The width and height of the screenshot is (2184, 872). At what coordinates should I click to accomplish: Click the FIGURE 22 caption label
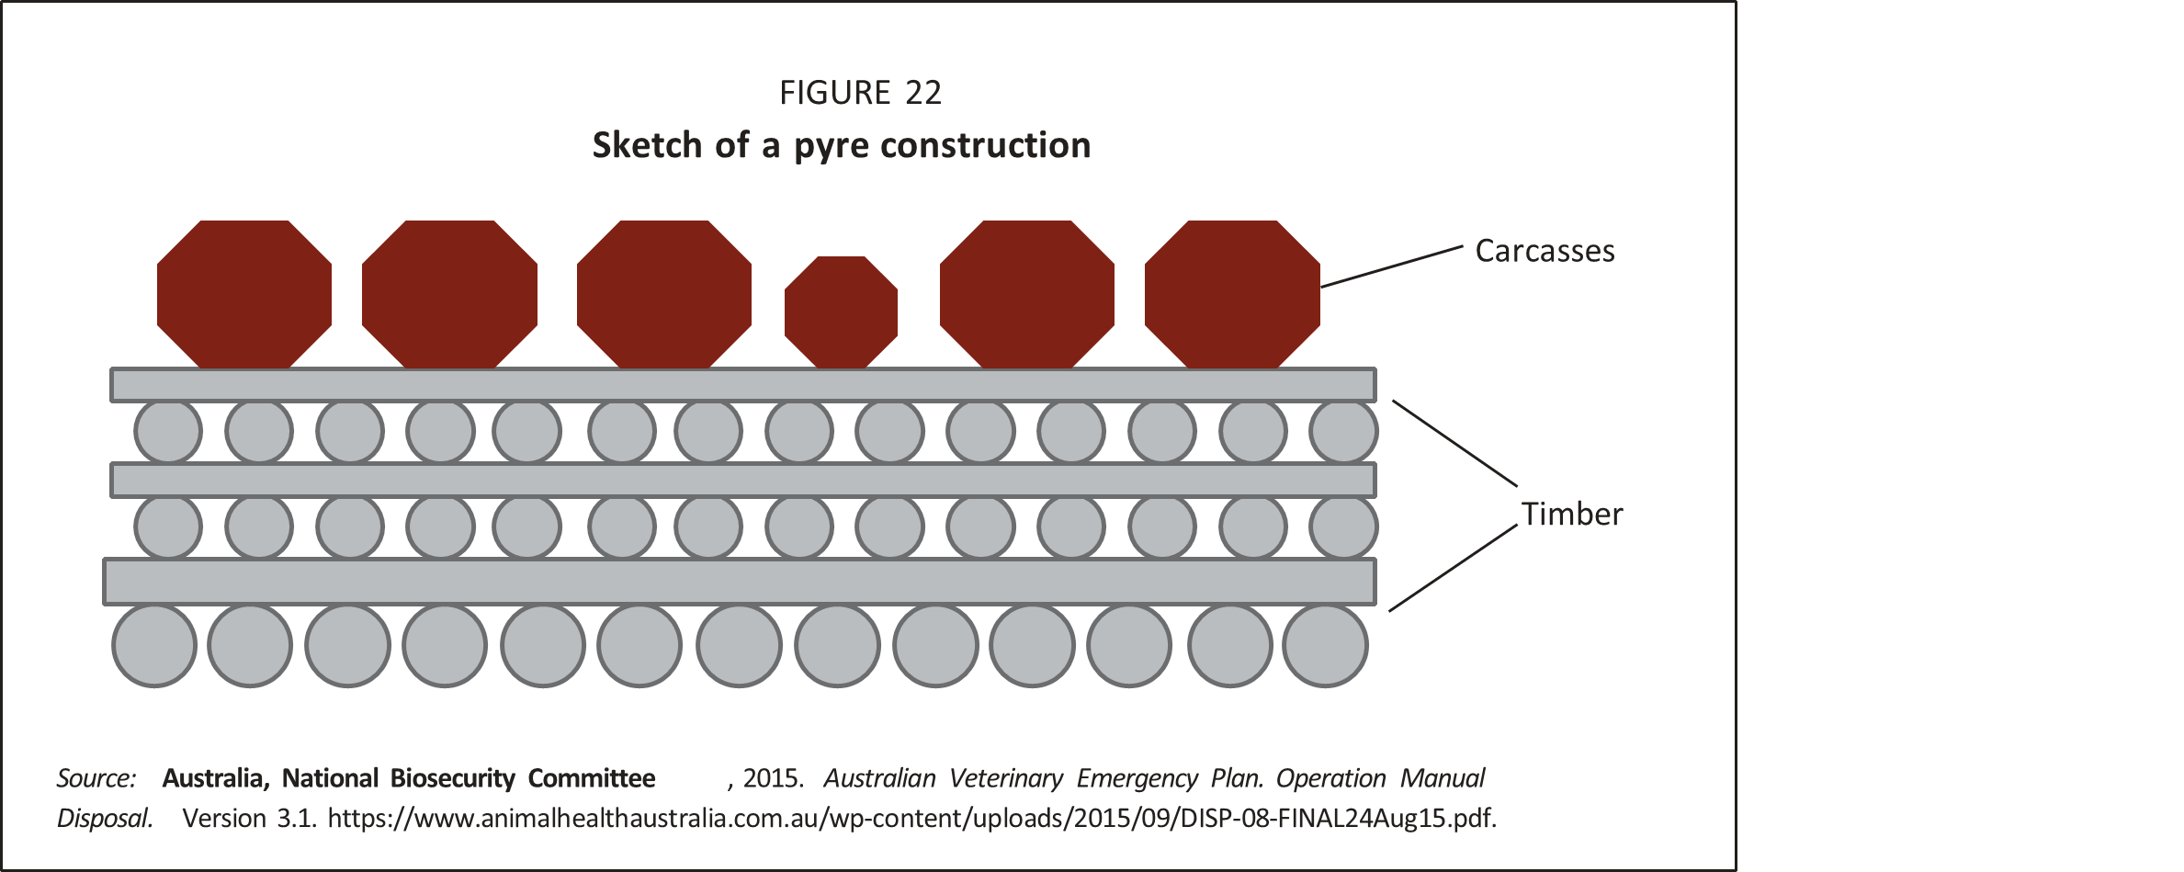[x=860, y=93]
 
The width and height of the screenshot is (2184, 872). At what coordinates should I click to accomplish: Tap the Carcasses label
[x=1545, y=252]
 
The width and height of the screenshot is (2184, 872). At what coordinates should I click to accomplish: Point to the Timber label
[x=1571, y=515]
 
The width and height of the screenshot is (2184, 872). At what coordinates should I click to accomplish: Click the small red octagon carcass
[x=841, y=312]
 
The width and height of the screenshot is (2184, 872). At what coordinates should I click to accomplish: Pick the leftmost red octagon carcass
[x=244, y=294]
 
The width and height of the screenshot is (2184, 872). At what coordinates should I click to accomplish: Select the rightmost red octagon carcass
[x=1232, y=294]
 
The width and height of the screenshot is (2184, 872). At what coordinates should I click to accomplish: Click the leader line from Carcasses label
[x=1391, y=266]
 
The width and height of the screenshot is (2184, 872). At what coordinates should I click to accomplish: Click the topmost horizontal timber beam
[x=742, y=385]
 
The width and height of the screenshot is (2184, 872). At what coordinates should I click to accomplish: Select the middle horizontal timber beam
[x=742, y=481]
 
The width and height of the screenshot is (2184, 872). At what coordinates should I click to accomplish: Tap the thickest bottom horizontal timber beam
[x=740, y=582]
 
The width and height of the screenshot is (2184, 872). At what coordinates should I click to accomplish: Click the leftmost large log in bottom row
[x=154, y=645]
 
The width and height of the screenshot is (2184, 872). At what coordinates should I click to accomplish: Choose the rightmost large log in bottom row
[x=1325, y=645]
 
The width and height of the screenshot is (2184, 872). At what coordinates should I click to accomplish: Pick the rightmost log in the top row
[x=1343, y=431]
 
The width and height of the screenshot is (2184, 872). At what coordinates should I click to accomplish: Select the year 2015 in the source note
[x=771, y=779]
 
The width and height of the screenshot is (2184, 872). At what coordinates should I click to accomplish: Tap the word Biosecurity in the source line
[x=452, y=779]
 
